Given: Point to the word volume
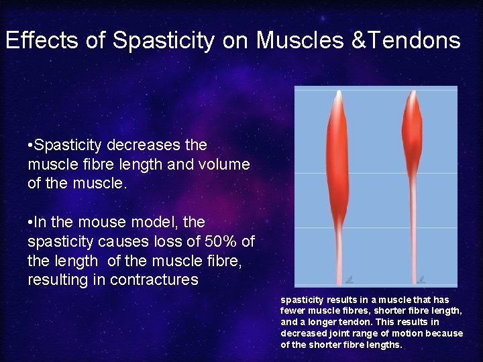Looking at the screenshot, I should coord(225,164).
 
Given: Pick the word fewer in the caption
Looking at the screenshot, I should coord(292,310).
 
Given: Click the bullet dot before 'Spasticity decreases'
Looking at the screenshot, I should coord(30,145).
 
